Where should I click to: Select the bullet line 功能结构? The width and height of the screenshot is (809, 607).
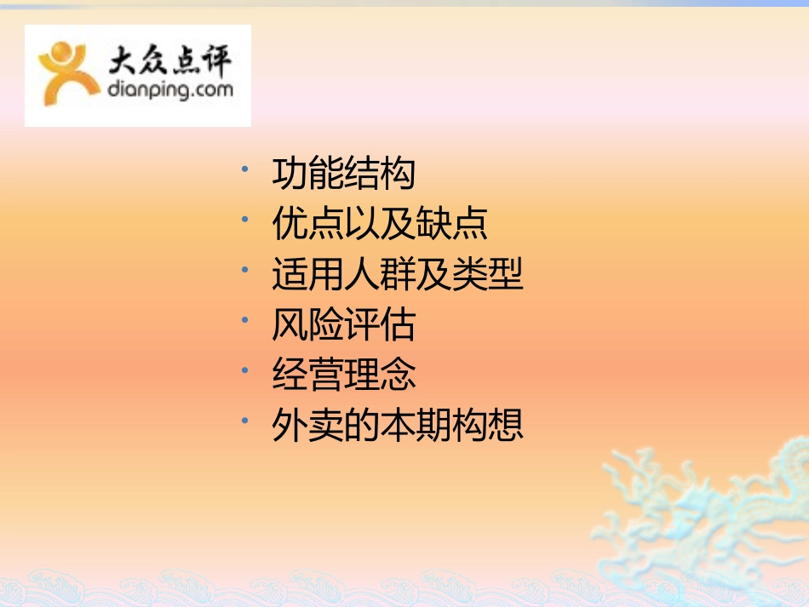tap(343, 175)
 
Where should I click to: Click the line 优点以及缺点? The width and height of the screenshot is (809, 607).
tap(380, 225)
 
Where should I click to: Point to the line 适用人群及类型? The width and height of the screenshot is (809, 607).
tap(398, 275)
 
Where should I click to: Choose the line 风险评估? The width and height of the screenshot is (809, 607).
tap(343, 325)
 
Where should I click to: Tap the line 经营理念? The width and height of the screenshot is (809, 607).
tap(343, 375)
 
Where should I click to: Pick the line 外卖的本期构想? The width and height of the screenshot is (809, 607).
tap(398, 425)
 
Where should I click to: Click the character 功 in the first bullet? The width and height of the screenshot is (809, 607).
tap(290, 175)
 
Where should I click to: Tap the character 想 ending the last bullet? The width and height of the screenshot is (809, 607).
tap(506, 425)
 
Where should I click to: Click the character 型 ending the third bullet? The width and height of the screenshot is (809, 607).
tap(506, 275)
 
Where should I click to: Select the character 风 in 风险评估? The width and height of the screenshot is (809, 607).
tap(290, 325)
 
